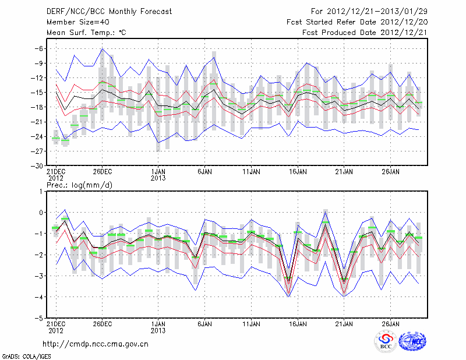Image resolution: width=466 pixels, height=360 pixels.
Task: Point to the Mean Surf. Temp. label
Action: point(86,33)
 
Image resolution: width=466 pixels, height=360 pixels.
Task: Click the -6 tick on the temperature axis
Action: point(36,48)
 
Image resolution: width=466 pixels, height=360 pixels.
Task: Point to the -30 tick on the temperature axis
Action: point(34,165)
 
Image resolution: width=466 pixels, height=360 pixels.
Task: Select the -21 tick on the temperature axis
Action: point(34,122)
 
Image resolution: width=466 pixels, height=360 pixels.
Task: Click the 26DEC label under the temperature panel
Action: point(102,172)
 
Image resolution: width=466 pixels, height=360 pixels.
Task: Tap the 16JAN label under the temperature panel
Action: point(298,172)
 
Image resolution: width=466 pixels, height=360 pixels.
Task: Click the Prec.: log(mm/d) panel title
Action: point(77,185)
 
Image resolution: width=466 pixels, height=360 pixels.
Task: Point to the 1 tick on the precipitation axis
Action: point(39,191)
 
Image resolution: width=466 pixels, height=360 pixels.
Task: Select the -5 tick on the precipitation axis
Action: point(37,319)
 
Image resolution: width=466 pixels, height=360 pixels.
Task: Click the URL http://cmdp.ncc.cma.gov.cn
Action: point(96,344)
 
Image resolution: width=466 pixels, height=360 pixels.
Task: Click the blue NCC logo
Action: point(412,342)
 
